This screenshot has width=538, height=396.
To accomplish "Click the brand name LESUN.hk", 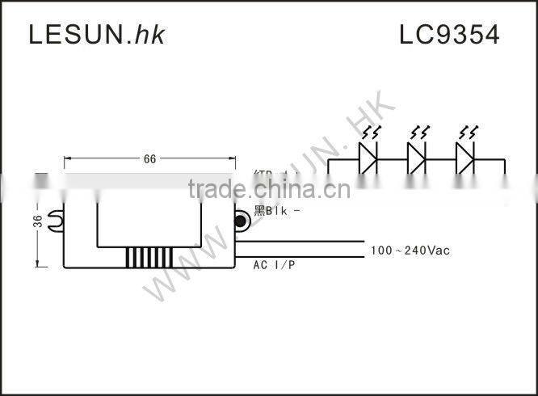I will pos(96,34).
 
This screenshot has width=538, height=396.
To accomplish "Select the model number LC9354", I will pos(449,34).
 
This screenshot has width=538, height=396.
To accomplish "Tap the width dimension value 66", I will pos(149,159).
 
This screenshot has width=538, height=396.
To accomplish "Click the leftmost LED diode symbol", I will pos(368,158).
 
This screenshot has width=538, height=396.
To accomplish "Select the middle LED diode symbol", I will pos(417,158).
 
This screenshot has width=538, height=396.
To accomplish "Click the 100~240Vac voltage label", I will pos(410,251).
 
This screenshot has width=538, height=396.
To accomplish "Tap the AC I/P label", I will pos(274,265).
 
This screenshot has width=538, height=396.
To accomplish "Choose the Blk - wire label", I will pos(277,212).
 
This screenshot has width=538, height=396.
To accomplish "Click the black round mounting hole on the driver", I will pos(241,220).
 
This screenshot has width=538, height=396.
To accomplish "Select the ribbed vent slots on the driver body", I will pos(148,257).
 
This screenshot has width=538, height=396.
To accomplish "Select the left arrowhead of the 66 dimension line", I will pos(67,159).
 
